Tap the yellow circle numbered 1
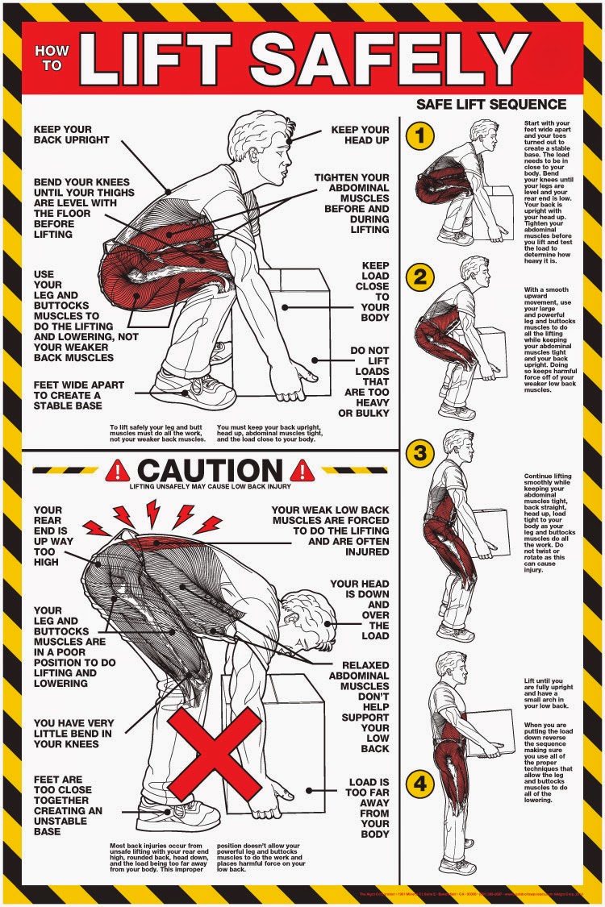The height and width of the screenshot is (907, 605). coord(419,136)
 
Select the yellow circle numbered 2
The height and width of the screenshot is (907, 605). coord(419,277)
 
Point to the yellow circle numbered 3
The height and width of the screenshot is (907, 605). coord(419,452)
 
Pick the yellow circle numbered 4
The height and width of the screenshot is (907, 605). coord(419,781)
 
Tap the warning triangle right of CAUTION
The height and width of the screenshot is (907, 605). coord(303,469)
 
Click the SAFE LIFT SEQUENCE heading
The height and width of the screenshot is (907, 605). coord(490,104)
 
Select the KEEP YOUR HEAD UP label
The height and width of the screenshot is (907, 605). coord(360,135)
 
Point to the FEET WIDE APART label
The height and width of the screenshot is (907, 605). coord(78,397)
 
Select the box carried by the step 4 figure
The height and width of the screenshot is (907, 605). coord(489,732)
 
